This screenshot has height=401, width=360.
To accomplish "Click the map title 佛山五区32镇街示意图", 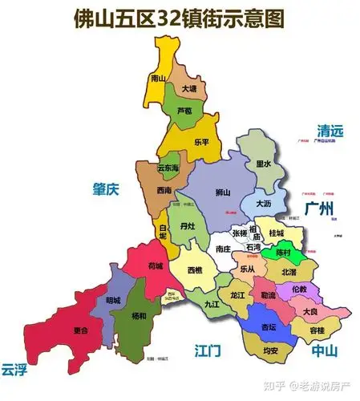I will coord(180,18).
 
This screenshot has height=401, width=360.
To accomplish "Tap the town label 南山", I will coord(158,78).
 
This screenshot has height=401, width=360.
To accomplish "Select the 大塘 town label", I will coord(189,89).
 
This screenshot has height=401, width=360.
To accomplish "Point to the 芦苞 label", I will coord(185,110).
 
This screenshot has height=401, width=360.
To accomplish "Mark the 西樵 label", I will coord(195,271).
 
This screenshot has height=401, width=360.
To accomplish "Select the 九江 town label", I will coord(211,305).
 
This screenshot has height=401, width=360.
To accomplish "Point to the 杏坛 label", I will coord(269,327).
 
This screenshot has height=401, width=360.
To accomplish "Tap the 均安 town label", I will coord(270,350).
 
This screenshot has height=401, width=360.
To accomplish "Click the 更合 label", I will coord(79,330).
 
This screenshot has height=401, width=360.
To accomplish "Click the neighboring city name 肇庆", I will coord(105,189).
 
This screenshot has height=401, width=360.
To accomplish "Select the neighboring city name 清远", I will coord(330,131).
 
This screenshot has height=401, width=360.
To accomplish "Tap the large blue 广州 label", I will coord(319,209).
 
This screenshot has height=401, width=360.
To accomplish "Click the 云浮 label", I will coord(14,369).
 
